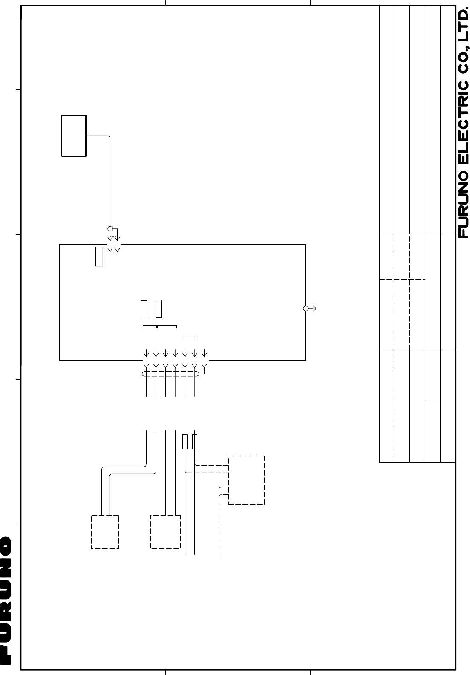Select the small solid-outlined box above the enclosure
click(74, 136)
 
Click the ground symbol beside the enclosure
click(314, 309)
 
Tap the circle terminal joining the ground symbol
click(306, 309)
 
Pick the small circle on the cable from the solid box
click(110, 229)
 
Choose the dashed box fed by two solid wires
click(105, 532)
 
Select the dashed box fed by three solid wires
click(165, 532)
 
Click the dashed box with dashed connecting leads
click(247, 480)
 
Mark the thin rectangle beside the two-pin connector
click(99, 256)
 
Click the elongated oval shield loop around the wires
click(170, 374)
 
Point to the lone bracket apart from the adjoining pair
click(188, 337)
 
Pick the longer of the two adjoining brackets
click(167, 326)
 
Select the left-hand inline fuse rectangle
click(185, 441)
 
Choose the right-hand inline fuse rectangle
click(195, 441)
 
